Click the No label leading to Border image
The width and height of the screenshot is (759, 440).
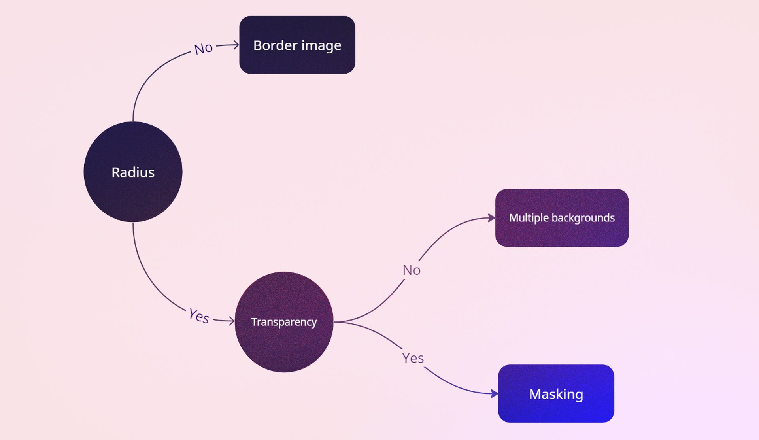point(204,49)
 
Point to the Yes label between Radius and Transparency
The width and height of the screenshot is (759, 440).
point(199,316)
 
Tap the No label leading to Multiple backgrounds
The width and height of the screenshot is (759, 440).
point(412,270)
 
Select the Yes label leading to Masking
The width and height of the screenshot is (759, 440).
point(413,358)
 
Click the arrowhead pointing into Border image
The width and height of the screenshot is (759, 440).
point(236,45)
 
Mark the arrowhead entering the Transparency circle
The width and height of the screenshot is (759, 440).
point(232,321)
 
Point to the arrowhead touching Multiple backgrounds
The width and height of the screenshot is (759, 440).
point(492,218)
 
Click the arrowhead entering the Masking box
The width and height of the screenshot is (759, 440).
point(495,394)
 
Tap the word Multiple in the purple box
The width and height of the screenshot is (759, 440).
point(529,218)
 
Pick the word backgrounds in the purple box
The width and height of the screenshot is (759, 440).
point(583,218)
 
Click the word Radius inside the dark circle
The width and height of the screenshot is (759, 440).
point(133,172)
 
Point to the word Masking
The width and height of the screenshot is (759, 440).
point(556,394)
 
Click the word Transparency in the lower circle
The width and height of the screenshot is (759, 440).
point(284,322)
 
